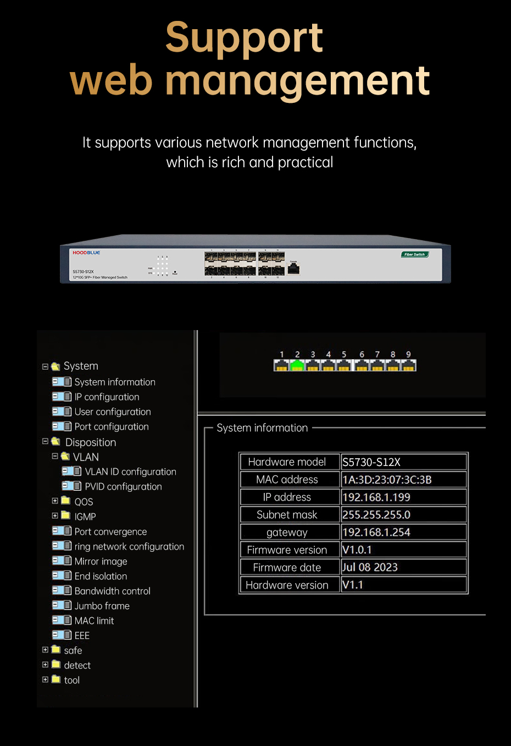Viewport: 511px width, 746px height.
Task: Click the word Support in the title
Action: coord(244,38)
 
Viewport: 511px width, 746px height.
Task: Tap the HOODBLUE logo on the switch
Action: coord(86,253)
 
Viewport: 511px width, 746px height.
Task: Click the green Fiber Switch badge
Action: coord(414,254)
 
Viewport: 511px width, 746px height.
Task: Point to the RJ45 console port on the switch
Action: coord(293,268)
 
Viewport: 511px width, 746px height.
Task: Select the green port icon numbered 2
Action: coord(297,365)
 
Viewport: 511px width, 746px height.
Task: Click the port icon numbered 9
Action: coord(408,365)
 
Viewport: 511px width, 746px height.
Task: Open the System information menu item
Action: coord(114,382)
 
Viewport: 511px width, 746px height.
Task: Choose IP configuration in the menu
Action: coord(107,397)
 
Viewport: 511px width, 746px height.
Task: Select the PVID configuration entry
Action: coord(123,486)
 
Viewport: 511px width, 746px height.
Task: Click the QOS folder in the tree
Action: coord(84,502)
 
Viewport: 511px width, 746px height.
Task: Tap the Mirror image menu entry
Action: coord(101,561)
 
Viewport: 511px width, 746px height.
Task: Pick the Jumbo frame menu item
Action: coord(102,606)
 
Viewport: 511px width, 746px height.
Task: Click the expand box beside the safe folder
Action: coord(46,650)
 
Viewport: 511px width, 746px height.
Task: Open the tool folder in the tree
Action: coord(71,680)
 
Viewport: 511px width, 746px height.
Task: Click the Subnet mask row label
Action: coord(287,515)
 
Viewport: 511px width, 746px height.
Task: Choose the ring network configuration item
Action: coord(129,546)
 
